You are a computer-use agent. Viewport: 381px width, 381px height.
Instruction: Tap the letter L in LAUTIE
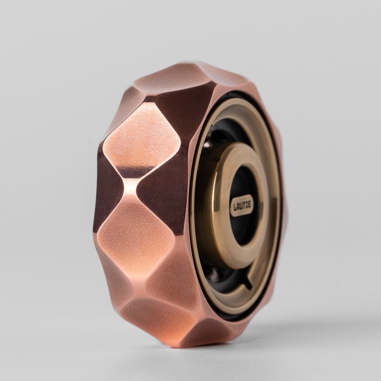tap(234, 205)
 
